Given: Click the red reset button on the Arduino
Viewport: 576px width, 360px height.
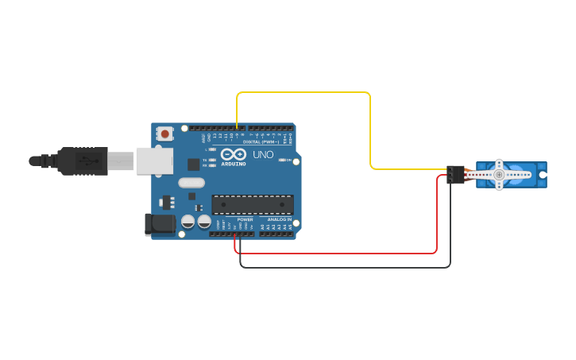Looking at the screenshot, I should coord(164,135).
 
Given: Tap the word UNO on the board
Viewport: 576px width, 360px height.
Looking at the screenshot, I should coord(263,154).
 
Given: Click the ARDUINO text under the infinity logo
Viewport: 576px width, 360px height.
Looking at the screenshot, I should coord(234,164).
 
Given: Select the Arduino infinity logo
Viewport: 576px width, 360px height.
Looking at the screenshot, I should coord(234,154).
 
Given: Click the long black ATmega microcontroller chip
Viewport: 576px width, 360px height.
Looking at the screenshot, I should coord(252,204).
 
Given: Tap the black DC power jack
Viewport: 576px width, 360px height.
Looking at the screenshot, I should coord(160,224).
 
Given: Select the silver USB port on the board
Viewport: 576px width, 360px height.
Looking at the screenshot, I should coord(154,161).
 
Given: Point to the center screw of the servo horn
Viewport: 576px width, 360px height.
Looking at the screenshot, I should coord(499,175).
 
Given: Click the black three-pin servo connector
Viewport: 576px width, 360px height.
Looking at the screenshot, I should coord(454,175).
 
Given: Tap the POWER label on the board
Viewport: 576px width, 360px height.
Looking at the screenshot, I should coord(245,219).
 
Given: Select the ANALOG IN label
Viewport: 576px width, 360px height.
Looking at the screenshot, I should coord(279,219).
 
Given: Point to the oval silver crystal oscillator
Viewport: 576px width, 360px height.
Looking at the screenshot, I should coord(191,183).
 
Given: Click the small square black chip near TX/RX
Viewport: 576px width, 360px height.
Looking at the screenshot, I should coord(193,165).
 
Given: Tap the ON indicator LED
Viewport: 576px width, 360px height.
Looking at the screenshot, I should coord(282,160).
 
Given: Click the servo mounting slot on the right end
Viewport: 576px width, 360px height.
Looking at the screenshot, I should coord(543,175).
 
